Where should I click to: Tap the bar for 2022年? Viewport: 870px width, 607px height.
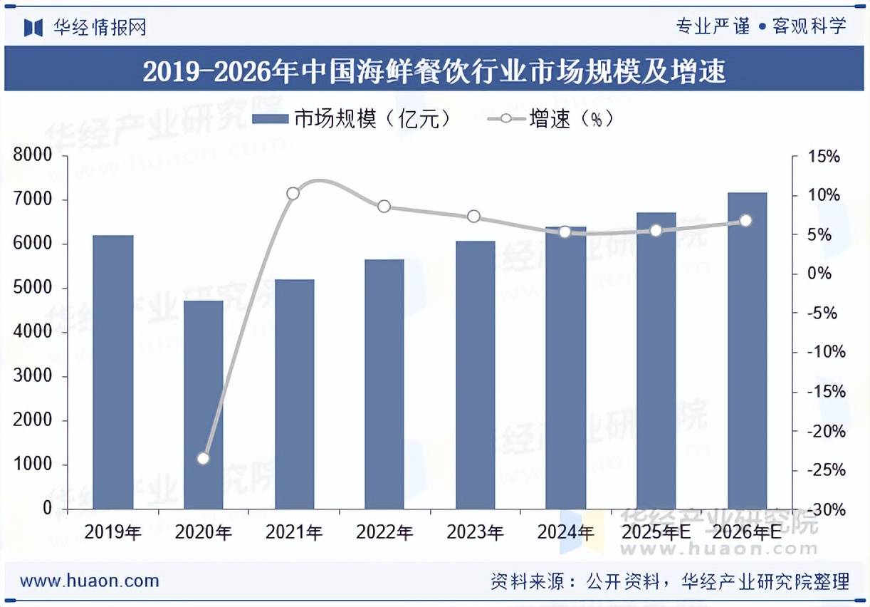click(x=384, y=384)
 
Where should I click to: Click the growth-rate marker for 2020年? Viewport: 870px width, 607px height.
click(x=203, y=458)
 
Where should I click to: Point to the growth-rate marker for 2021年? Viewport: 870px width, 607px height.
click(x=293, y=194)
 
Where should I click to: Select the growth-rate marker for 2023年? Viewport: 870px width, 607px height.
click(x=474, y=217)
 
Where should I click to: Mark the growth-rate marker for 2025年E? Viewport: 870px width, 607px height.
click(x=656, y=231)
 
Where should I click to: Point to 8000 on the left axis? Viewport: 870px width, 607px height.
click(x=33, y=155)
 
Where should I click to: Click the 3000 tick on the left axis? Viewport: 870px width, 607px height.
click(x=33, y=376)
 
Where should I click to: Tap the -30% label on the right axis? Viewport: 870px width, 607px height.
click(x=823, y=510)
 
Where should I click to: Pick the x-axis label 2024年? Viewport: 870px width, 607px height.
click(x=565, y=532)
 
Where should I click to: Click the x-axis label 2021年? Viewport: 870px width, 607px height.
click(x=293, y=532)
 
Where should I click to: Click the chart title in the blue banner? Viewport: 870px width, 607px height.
click(x=434, y=71)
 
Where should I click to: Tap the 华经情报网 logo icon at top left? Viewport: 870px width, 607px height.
click(x=33, y=27)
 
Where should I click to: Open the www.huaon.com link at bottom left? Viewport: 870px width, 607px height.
click(x=90, y=581)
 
